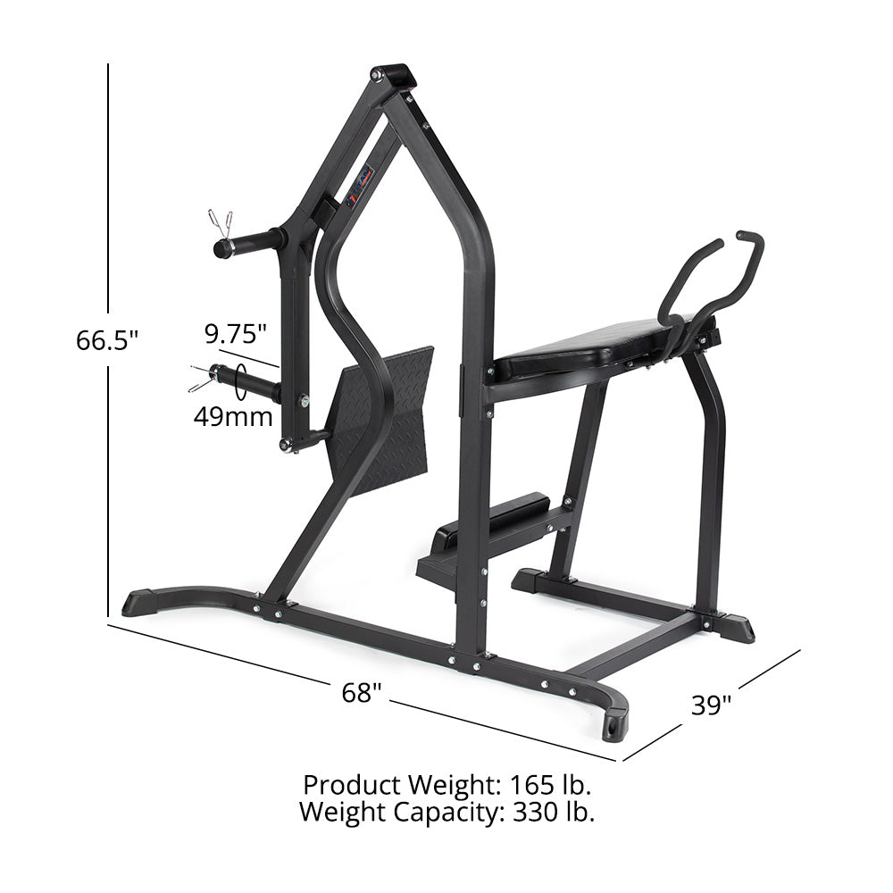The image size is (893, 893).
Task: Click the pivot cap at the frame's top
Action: pyautogui.click(x=394, y=76)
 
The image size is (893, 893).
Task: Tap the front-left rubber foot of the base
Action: pyautogui.click(x=144, y=602)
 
